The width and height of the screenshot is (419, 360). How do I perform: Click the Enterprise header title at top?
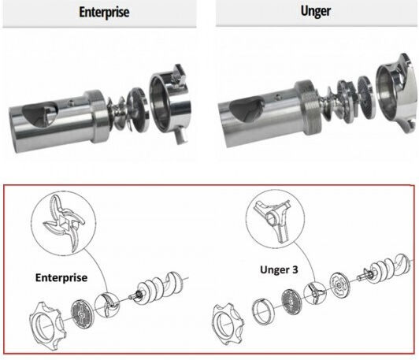click(x=104, y=13)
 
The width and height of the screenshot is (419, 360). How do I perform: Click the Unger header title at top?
click(x=316, y=12)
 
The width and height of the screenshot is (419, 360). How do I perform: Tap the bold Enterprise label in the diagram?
click(x=61, y=278)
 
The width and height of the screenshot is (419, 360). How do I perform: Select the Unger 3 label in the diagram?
click(x=279, y=269)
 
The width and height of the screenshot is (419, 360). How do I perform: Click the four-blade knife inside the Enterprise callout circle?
click(x=64, y=222)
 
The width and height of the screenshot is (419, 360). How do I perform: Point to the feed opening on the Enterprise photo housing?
click(x=40, y=115)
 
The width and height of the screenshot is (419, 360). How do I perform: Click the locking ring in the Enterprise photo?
click(x=170, y=103)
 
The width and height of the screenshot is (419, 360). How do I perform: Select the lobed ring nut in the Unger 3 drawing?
click(x=228, y=324)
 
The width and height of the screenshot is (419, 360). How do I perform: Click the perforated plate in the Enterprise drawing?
click(x=81, y=314)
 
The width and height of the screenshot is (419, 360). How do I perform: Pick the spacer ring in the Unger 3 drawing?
click(x=263, y=312)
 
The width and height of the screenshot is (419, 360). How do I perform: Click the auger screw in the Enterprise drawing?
click(x=159, y=288)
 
